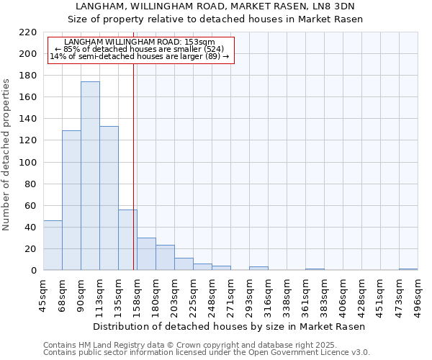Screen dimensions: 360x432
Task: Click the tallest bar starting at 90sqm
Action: tap(90, 176)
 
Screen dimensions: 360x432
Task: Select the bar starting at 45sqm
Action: tap(53, 246)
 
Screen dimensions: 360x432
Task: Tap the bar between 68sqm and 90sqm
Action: tap(71, 200)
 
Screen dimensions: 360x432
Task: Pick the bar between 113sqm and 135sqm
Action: tap(109, 199)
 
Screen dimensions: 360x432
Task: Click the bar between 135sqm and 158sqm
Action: tap(127, 240)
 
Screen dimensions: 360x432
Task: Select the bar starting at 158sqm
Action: tap(146, 254)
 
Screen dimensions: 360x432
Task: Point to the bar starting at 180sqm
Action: tap(165, 258)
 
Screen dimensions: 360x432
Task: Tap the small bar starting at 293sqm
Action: tap(258, 269)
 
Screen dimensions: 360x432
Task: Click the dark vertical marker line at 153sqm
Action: tap(134, 166)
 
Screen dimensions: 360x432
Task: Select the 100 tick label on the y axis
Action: tap(28, 163)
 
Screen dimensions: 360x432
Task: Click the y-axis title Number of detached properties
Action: tap(7, 155)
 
